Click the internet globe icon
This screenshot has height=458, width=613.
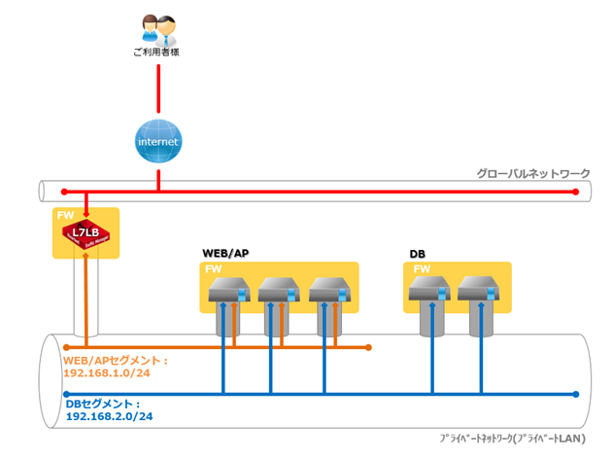tap(157, 140)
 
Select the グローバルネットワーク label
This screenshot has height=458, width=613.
tap(532, 174)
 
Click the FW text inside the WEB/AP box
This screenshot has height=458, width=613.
tap(213, 268)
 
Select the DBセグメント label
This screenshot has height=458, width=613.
tap(102, 404)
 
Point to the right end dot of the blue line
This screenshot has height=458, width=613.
tap(577, 394)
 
